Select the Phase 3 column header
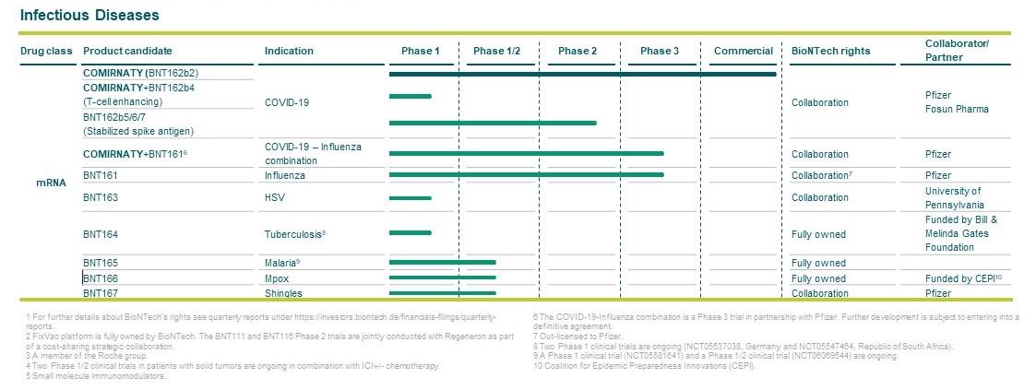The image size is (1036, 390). point(659,51)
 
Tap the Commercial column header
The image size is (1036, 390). point(743,51)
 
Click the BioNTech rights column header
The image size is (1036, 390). point(830,51)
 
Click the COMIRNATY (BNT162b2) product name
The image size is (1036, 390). point(138,72)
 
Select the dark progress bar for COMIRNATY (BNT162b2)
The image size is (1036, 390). point(582,74)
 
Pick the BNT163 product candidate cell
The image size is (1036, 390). point(101,197)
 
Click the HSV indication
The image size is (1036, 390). point(275,197)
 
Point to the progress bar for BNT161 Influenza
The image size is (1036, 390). point(526,174)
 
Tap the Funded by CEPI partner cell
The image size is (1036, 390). point(959,278)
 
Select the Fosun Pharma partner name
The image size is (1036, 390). point(957,109)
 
